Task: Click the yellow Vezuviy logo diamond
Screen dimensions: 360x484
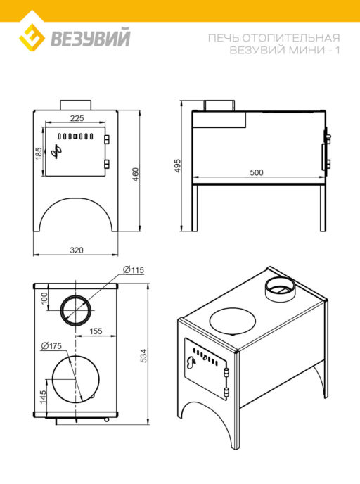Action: pyautogui.click(x=32, y=37)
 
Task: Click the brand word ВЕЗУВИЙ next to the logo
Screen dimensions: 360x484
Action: pyautogui.click(x=91, y=37)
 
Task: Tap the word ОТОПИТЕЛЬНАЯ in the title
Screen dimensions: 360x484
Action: pyautogui.click(x=291, y=38)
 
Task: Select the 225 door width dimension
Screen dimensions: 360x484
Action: pyautogui.click(x=77, y=118)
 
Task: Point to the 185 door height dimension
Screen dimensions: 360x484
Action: pyautogui.click(x=38, y=153)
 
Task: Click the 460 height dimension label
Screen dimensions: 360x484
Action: pyautogui.click(x=136, y=174)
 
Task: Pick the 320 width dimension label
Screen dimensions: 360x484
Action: pyautogui.click(x=77, y=250)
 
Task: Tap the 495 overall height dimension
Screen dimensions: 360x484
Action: pyautogui.click(x=177, y=166)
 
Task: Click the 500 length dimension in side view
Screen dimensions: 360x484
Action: pyautogui.click(x=257, y=172)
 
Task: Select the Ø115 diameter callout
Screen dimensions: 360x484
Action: pyautogui.click(x=134, y=269)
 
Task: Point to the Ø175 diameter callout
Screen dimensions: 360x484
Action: pyautogui.click(x=51, y=346)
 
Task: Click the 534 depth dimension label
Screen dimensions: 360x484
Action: pyautogui.click(x=143, y=355)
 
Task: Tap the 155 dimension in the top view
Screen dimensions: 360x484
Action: pyautogui.click(x=96, y=331)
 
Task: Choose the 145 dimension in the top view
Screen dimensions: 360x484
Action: pyautogui.click(x=43, y=397)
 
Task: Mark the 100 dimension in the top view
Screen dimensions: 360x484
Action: pyautogui.click(x=44, y=298)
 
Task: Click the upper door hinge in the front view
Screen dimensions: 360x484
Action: pyautogui.click(x=107, y=139)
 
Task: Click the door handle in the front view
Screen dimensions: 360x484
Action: pyautogui.click(x=56, y=151)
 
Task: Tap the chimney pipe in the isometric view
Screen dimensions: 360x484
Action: pyautogui.click(x=280, y=288)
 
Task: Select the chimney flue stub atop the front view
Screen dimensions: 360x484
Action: pyautogui.click(x=75, y=104)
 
